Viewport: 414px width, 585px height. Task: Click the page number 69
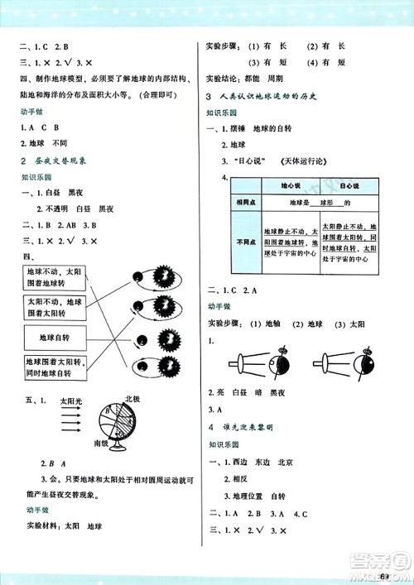[x=385, y=576]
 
